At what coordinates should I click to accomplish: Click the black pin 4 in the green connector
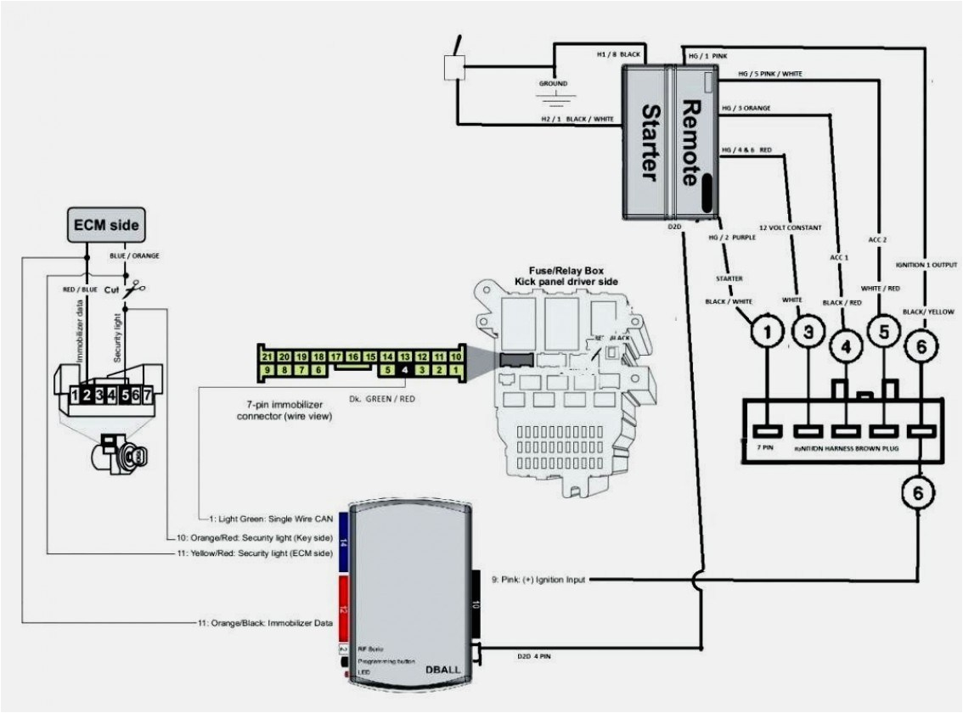click(405, 369)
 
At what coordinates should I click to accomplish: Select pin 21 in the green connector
click(267, 356)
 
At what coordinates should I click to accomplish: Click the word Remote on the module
click(694, 143)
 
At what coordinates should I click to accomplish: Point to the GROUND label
click(553, 84)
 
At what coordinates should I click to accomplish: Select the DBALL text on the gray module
click(442, 668)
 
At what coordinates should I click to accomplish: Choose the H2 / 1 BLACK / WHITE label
click(577, 120)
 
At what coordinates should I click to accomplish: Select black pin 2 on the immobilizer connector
click(87, 395)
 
